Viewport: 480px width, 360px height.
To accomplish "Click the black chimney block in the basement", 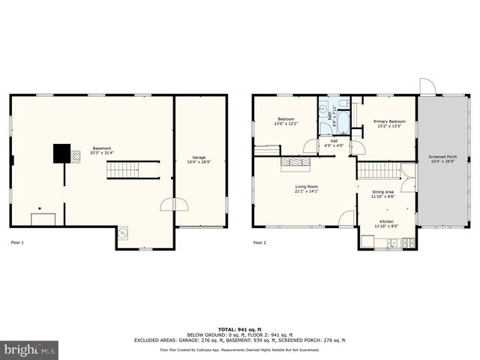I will tap(61, 153).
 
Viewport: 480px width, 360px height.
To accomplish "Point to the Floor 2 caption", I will tap(259, 242).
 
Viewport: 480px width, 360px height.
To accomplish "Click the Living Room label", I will tap(305, 188).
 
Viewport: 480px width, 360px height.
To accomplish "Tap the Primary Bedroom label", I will tap(389, 123).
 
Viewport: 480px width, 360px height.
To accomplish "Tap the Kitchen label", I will tap(385, 223).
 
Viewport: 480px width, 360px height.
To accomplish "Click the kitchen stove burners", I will tap(409, 242).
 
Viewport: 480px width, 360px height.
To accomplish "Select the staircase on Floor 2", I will tap(374, 170).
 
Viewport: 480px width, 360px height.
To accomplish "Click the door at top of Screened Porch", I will tap(427, 87).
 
